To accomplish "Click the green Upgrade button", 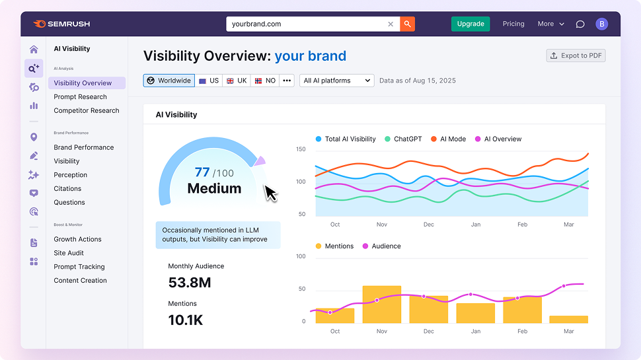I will [x=471, y=24].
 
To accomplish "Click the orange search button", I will [x=407, y=24].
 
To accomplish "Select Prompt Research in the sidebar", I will [x=80, y=97].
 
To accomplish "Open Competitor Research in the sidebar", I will [x=87, y=111].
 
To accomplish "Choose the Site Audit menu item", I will [x=69, y=253].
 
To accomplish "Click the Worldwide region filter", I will [x=169, y=81].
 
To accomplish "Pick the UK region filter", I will [x=237, y=81].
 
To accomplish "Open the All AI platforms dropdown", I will [x=337, y=81].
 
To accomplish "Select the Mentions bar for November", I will [x=382, y=305].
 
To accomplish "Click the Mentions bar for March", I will [x=568, y=319].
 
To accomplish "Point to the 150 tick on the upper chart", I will [x=301, y=149].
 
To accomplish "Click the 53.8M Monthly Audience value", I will [x=190, y=283].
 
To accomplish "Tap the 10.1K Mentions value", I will [x=186, y=320].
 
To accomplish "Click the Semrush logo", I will [x=61, y=24].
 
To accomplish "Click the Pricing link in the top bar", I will [x=513, y=24].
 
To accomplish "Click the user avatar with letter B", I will [x=601, y=24].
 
